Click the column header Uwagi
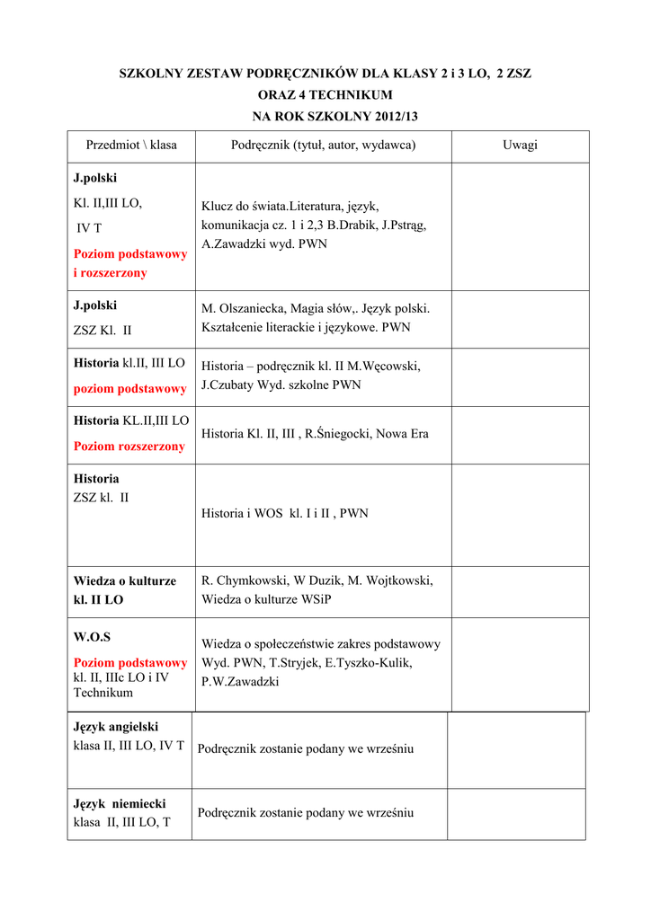pos(520,145)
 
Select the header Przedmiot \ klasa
pos(131,145)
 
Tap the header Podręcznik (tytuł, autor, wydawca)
pos(324,145)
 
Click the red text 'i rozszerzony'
pos(110,272)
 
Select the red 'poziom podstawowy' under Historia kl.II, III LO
pos(130,388)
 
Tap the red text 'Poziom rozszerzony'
pos(129,446)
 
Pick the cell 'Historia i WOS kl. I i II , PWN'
pos(285,514)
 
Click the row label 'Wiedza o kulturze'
pos(125,581)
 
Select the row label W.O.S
pos(92,637)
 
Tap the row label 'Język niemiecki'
pos(120,804)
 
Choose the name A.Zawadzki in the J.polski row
pos(231,243)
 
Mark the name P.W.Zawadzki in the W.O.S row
pos(240,682)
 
